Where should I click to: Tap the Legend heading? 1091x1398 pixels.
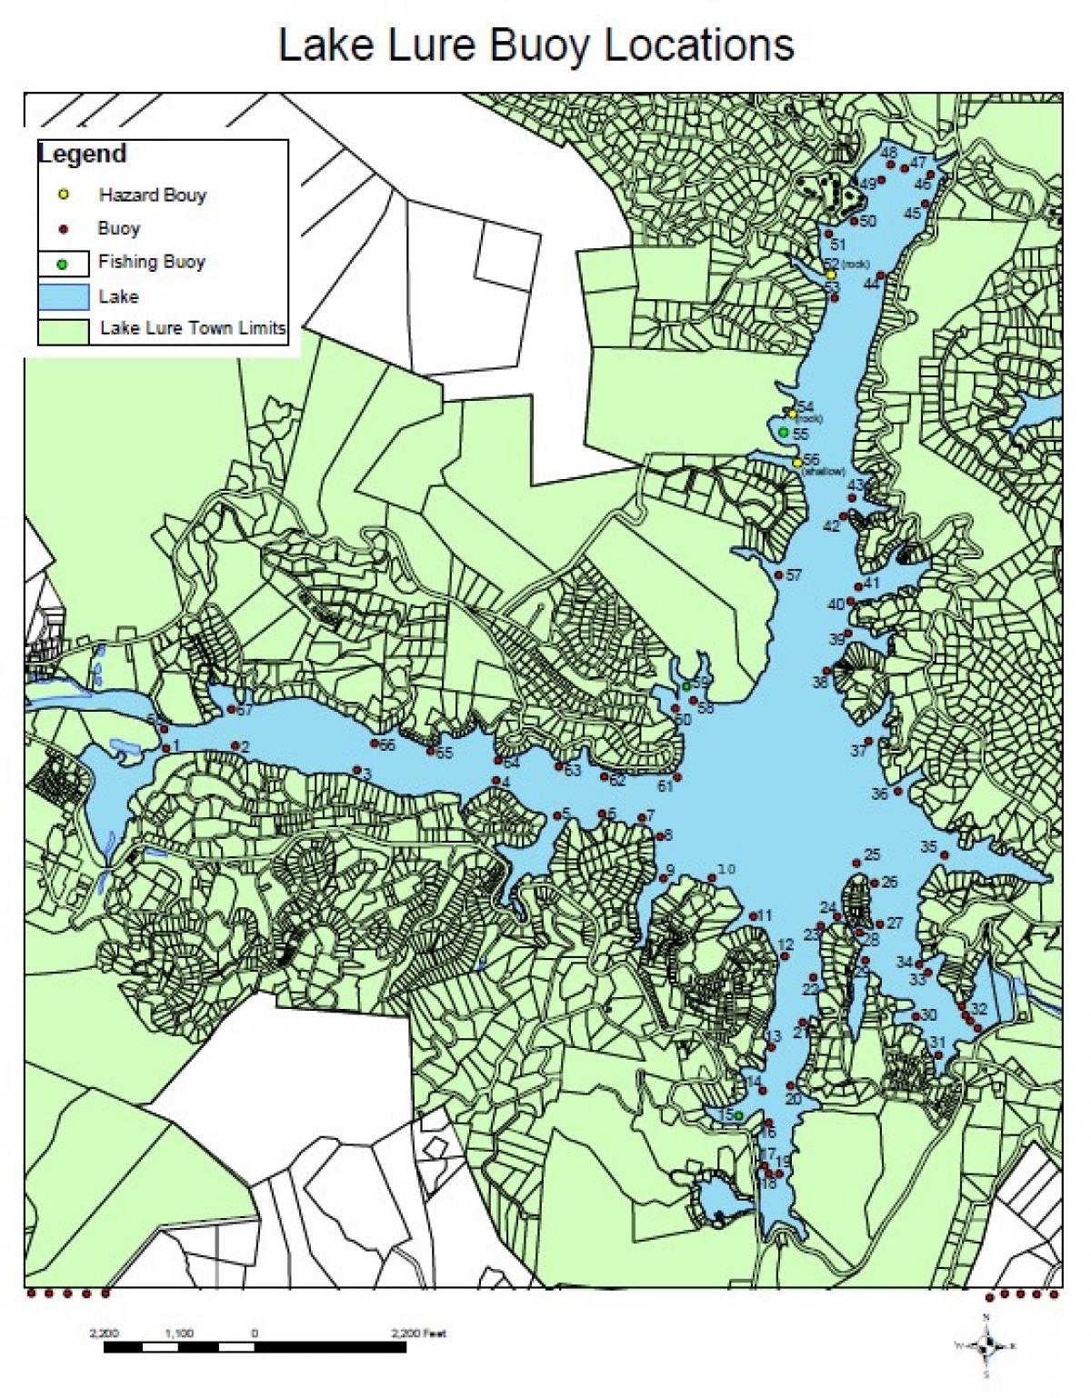click(82, 154)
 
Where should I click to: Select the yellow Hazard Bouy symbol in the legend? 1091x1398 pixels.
click(63, 195)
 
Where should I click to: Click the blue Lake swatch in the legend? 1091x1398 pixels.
click(63, 296)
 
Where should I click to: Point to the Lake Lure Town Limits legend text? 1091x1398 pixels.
click(192, 328)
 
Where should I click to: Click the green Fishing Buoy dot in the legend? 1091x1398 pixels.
click(63, 264)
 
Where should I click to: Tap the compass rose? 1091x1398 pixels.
click(986, 1345)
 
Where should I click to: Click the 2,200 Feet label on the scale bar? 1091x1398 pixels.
click(419, 1333)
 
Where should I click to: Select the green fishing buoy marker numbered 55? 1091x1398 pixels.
click(784, 432)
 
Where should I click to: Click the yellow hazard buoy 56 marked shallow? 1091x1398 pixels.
click(797, 463)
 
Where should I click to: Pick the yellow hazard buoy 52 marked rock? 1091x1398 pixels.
click(830, 274)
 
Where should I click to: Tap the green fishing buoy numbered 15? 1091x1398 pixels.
click(739, 1115)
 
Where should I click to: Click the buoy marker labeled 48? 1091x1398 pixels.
click(891, 165)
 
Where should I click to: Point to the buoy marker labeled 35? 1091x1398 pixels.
click(946, 856)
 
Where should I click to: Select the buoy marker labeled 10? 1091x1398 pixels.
click(712, 877)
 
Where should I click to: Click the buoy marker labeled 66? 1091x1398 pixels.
click(375, 744)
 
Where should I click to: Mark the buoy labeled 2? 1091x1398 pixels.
click(234, 748)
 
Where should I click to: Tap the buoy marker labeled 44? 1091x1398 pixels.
click(880, 276)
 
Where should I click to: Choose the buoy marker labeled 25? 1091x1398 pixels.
click(856, 863)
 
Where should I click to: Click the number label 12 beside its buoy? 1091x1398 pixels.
click(786, 945)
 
